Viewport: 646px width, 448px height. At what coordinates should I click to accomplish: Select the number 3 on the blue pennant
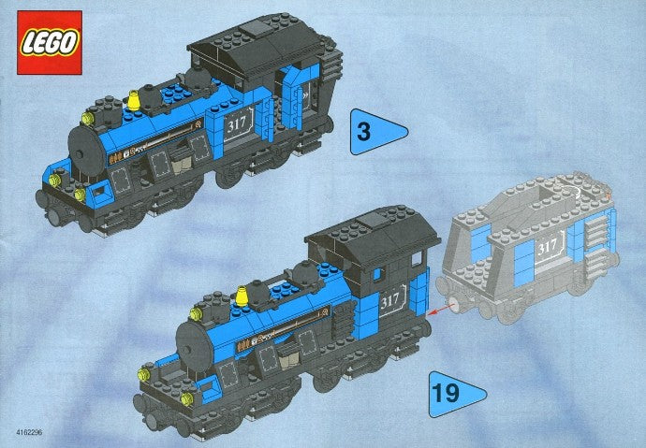(363, 133)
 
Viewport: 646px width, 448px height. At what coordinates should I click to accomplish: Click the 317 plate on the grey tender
(548, 246)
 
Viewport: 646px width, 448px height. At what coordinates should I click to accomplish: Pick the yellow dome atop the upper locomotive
(134, 98)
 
